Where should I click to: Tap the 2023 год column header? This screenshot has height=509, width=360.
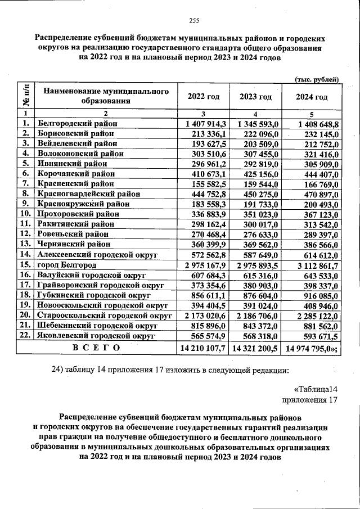coord(255,97)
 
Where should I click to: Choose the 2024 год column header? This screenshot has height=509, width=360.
coord(312,97)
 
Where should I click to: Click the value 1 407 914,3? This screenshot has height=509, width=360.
coord(202,124)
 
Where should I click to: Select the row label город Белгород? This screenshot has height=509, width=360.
coord(67,265)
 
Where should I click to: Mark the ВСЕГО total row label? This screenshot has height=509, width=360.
coord(96,348)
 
